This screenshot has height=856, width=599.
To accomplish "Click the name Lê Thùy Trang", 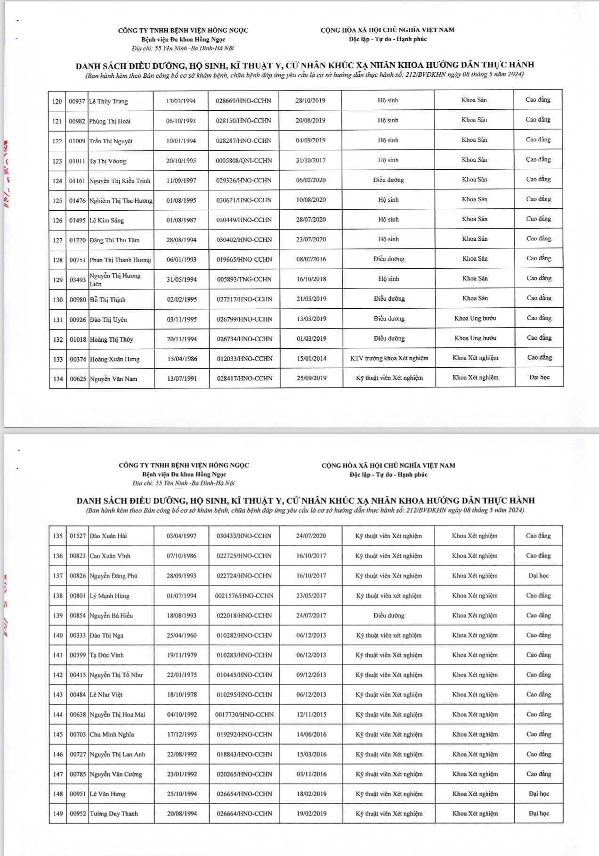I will coord(109,101).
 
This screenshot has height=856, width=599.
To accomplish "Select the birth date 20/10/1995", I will coord(181,161).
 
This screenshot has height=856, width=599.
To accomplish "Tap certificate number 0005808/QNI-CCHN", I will coord(244,161).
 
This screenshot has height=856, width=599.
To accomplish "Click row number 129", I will coord(57,280).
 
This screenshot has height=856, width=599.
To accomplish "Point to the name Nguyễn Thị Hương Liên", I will coord(115,280).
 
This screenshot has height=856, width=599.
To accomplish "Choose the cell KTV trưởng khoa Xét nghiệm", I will coord(389,358).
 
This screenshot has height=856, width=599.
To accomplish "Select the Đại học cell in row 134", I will coord(539,377).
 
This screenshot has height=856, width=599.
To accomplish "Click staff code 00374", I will coord(78,359).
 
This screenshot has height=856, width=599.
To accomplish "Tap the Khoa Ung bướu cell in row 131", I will coord(475,318).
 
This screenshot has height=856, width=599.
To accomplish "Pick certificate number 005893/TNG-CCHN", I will coord(244,280).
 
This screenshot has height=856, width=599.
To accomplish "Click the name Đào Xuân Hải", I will coord(108,536).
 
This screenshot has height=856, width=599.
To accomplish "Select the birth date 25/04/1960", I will coord(182,635).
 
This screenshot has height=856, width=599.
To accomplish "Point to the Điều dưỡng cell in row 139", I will coord(389,616).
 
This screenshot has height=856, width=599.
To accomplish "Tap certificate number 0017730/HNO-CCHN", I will coord(244,715).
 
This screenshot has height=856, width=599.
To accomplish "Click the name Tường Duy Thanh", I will coord(114,814).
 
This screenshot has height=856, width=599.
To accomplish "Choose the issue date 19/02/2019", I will coord(311,814).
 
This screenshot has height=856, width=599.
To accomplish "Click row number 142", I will coord(58,675).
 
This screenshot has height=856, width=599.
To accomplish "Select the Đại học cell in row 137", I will coord(539,576).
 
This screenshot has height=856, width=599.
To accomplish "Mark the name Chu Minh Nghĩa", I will coord(112,734).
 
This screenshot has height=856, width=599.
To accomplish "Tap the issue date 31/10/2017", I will coord(311,160).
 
